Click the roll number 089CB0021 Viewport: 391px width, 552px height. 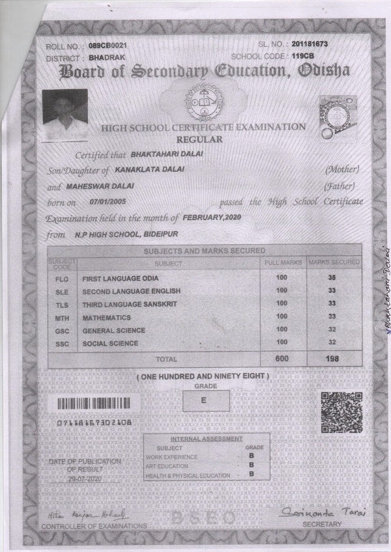(108, 46)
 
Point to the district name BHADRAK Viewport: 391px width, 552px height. (101, 58)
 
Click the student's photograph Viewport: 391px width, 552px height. (65, 115)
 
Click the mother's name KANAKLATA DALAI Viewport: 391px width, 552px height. (149, 169)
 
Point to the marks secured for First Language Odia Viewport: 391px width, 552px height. (332, 277)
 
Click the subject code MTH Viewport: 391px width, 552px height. (61, 318)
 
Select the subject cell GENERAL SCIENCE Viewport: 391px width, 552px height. (113, 331)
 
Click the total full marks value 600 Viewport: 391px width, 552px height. (282, 359)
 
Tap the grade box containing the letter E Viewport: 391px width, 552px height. (203, 401)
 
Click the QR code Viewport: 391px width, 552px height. (340, 413)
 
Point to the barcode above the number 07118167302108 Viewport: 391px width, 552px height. (94, 404)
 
